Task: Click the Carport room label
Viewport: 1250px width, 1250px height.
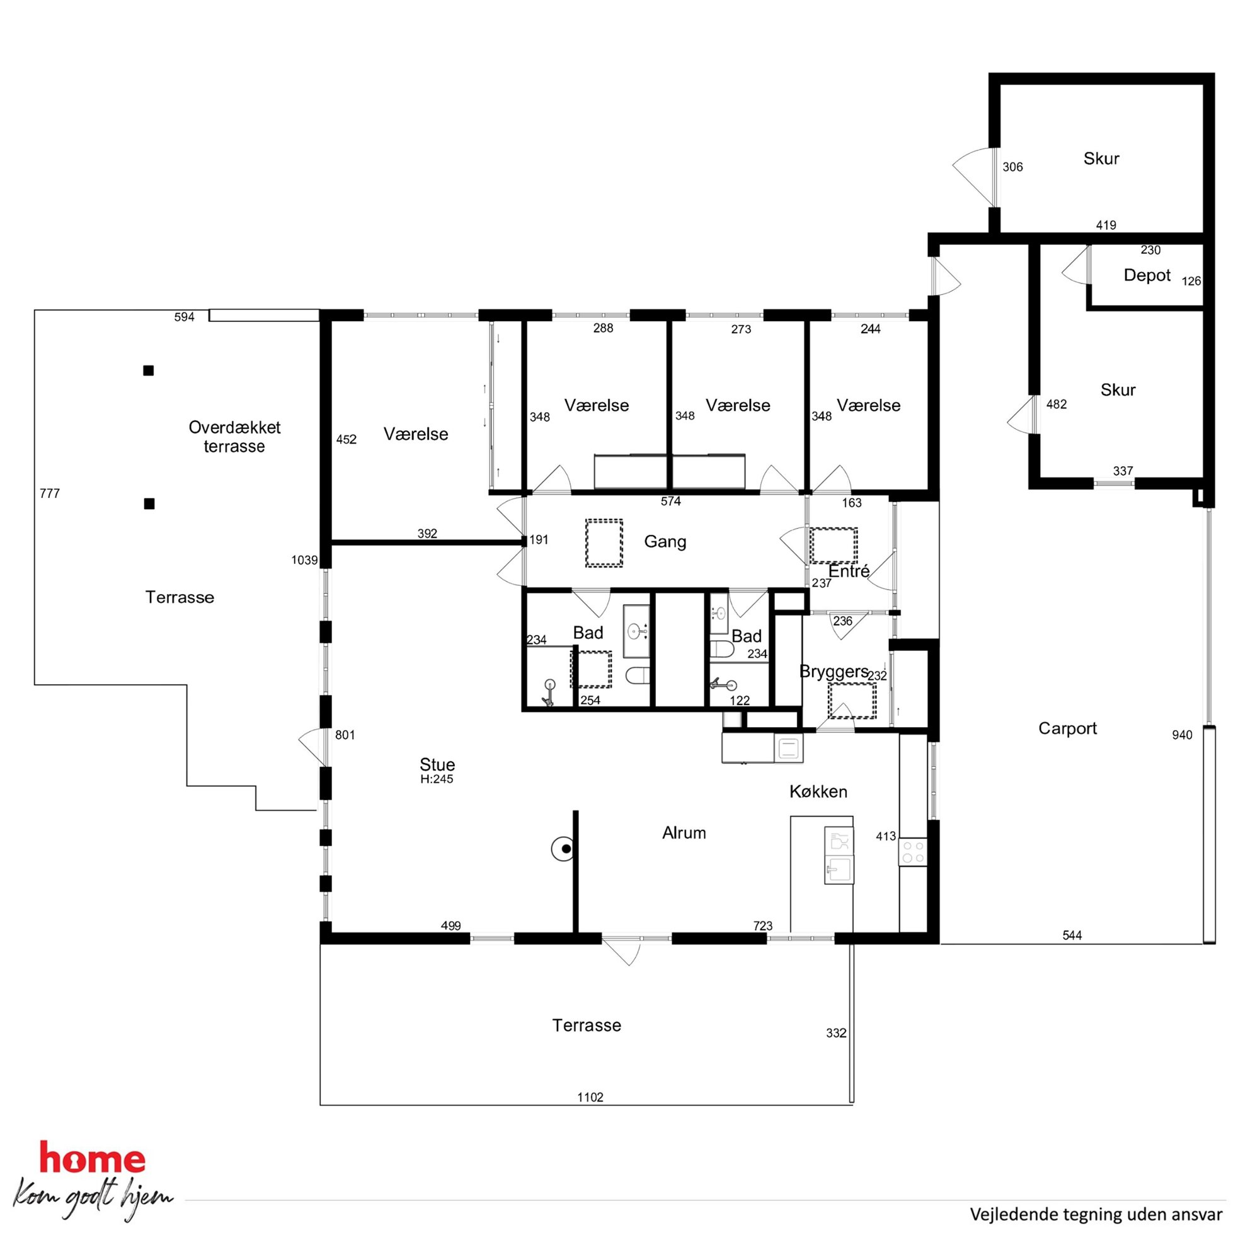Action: [1067, 728]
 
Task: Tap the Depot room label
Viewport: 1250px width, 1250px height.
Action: [1147, 275]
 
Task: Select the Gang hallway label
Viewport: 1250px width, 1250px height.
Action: [665, 542]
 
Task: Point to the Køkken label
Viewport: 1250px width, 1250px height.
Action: [818, 791]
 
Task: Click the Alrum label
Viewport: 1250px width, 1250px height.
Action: [684, 833]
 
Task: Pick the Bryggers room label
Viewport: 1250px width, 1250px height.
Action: [834, 672]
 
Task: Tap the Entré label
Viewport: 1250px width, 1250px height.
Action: [849, 571]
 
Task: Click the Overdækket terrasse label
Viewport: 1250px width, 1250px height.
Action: [234, 437]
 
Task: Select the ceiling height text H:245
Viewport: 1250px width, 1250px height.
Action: [437, 779]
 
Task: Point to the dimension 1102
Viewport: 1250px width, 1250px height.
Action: [590, 1097]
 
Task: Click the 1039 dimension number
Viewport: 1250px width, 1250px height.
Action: [305, 559]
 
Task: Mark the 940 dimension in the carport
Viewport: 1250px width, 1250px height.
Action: [1182, 735]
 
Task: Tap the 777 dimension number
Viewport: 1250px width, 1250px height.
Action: [50, 494]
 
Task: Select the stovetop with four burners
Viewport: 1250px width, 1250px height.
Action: [913, 851]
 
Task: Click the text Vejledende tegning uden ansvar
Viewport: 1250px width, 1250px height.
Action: [1096, 1215]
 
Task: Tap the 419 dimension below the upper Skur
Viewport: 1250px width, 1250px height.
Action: [1106, 225]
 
